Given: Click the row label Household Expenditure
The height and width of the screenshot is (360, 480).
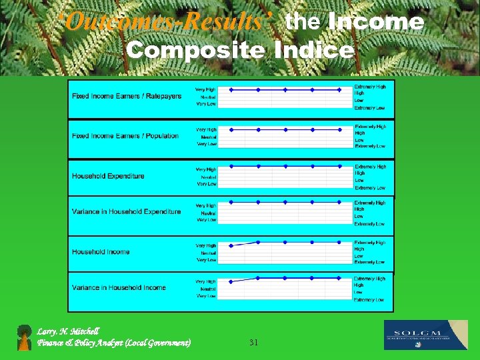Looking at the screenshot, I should point(108,176).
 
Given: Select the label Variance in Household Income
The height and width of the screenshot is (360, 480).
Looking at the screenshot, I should point(119,287).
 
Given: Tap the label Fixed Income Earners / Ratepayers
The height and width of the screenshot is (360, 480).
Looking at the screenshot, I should point(127,96).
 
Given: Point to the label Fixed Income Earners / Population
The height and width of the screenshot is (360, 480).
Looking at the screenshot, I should point(125,136).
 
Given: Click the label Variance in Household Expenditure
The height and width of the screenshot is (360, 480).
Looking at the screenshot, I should point(127,212).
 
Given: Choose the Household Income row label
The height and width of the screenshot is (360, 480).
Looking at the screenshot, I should point(101,252).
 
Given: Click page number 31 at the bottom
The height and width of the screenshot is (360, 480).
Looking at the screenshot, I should point(253,342).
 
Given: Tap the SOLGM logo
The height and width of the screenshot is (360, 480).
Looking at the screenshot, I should point(426,335).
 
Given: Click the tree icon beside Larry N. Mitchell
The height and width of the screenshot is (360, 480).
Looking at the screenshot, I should point(25,337).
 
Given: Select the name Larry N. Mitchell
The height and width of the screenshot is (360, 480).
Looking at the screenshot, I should point(68,331).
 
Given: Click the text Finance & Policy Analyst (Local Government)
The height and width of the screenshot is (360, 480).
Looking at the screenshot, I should point(114,343).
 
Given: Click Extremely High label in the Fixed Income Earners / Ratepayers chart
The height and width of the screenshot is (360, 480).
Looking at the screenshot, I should point(370,87).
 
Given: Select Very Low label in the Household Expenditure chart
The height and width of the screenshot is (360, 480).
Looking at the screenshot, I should point(206,184).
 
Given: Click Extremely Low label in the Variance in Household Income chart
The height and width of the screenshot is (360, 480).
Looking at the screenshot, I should point(369,300).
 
